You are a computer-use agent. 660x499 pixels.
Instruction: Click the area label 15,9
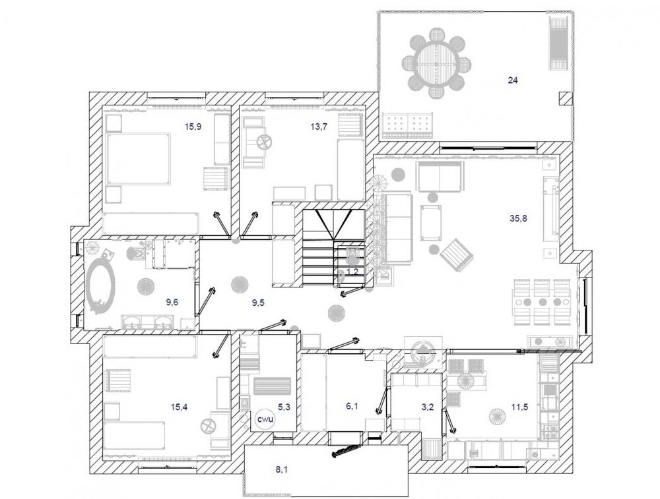pos(193,126)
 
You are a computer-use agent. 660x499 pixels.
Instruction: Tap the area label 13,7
pos(319,126)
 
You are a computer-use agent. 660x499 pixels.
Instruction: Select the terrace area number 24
pos(512,80)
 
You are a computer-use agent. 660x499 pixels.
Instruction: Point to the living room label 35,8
pos(518,218)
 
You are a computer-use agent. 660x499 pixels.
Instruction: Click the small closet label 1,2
pos(352,272)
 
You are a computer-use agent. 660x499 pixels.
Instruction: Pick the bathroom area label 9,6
pos(172,301)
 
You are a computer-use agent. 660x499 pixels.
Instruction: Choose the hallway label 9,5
pos(258,303)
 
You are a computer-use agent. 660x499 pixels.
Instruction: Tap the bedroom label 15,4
pos(179,407)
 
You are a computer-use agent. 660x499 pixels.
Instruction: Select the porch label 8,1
pos(281,469)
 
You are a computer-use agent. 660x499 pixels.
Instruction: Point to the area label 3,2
pos(427,407)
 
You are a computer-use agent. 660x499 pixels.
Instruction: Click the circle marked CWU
pos(265,419)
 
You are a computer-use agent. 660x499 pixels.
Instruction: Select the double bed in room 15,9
pos(139,159)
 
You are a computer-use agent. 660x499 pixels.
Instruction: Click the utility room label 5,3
pos(284,407)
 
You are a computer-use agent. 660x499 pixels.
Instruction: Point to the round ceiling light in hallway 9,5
pos(239,283)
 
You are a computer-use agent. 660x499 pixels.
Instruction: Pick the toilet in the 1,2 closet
pos(352,256)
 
